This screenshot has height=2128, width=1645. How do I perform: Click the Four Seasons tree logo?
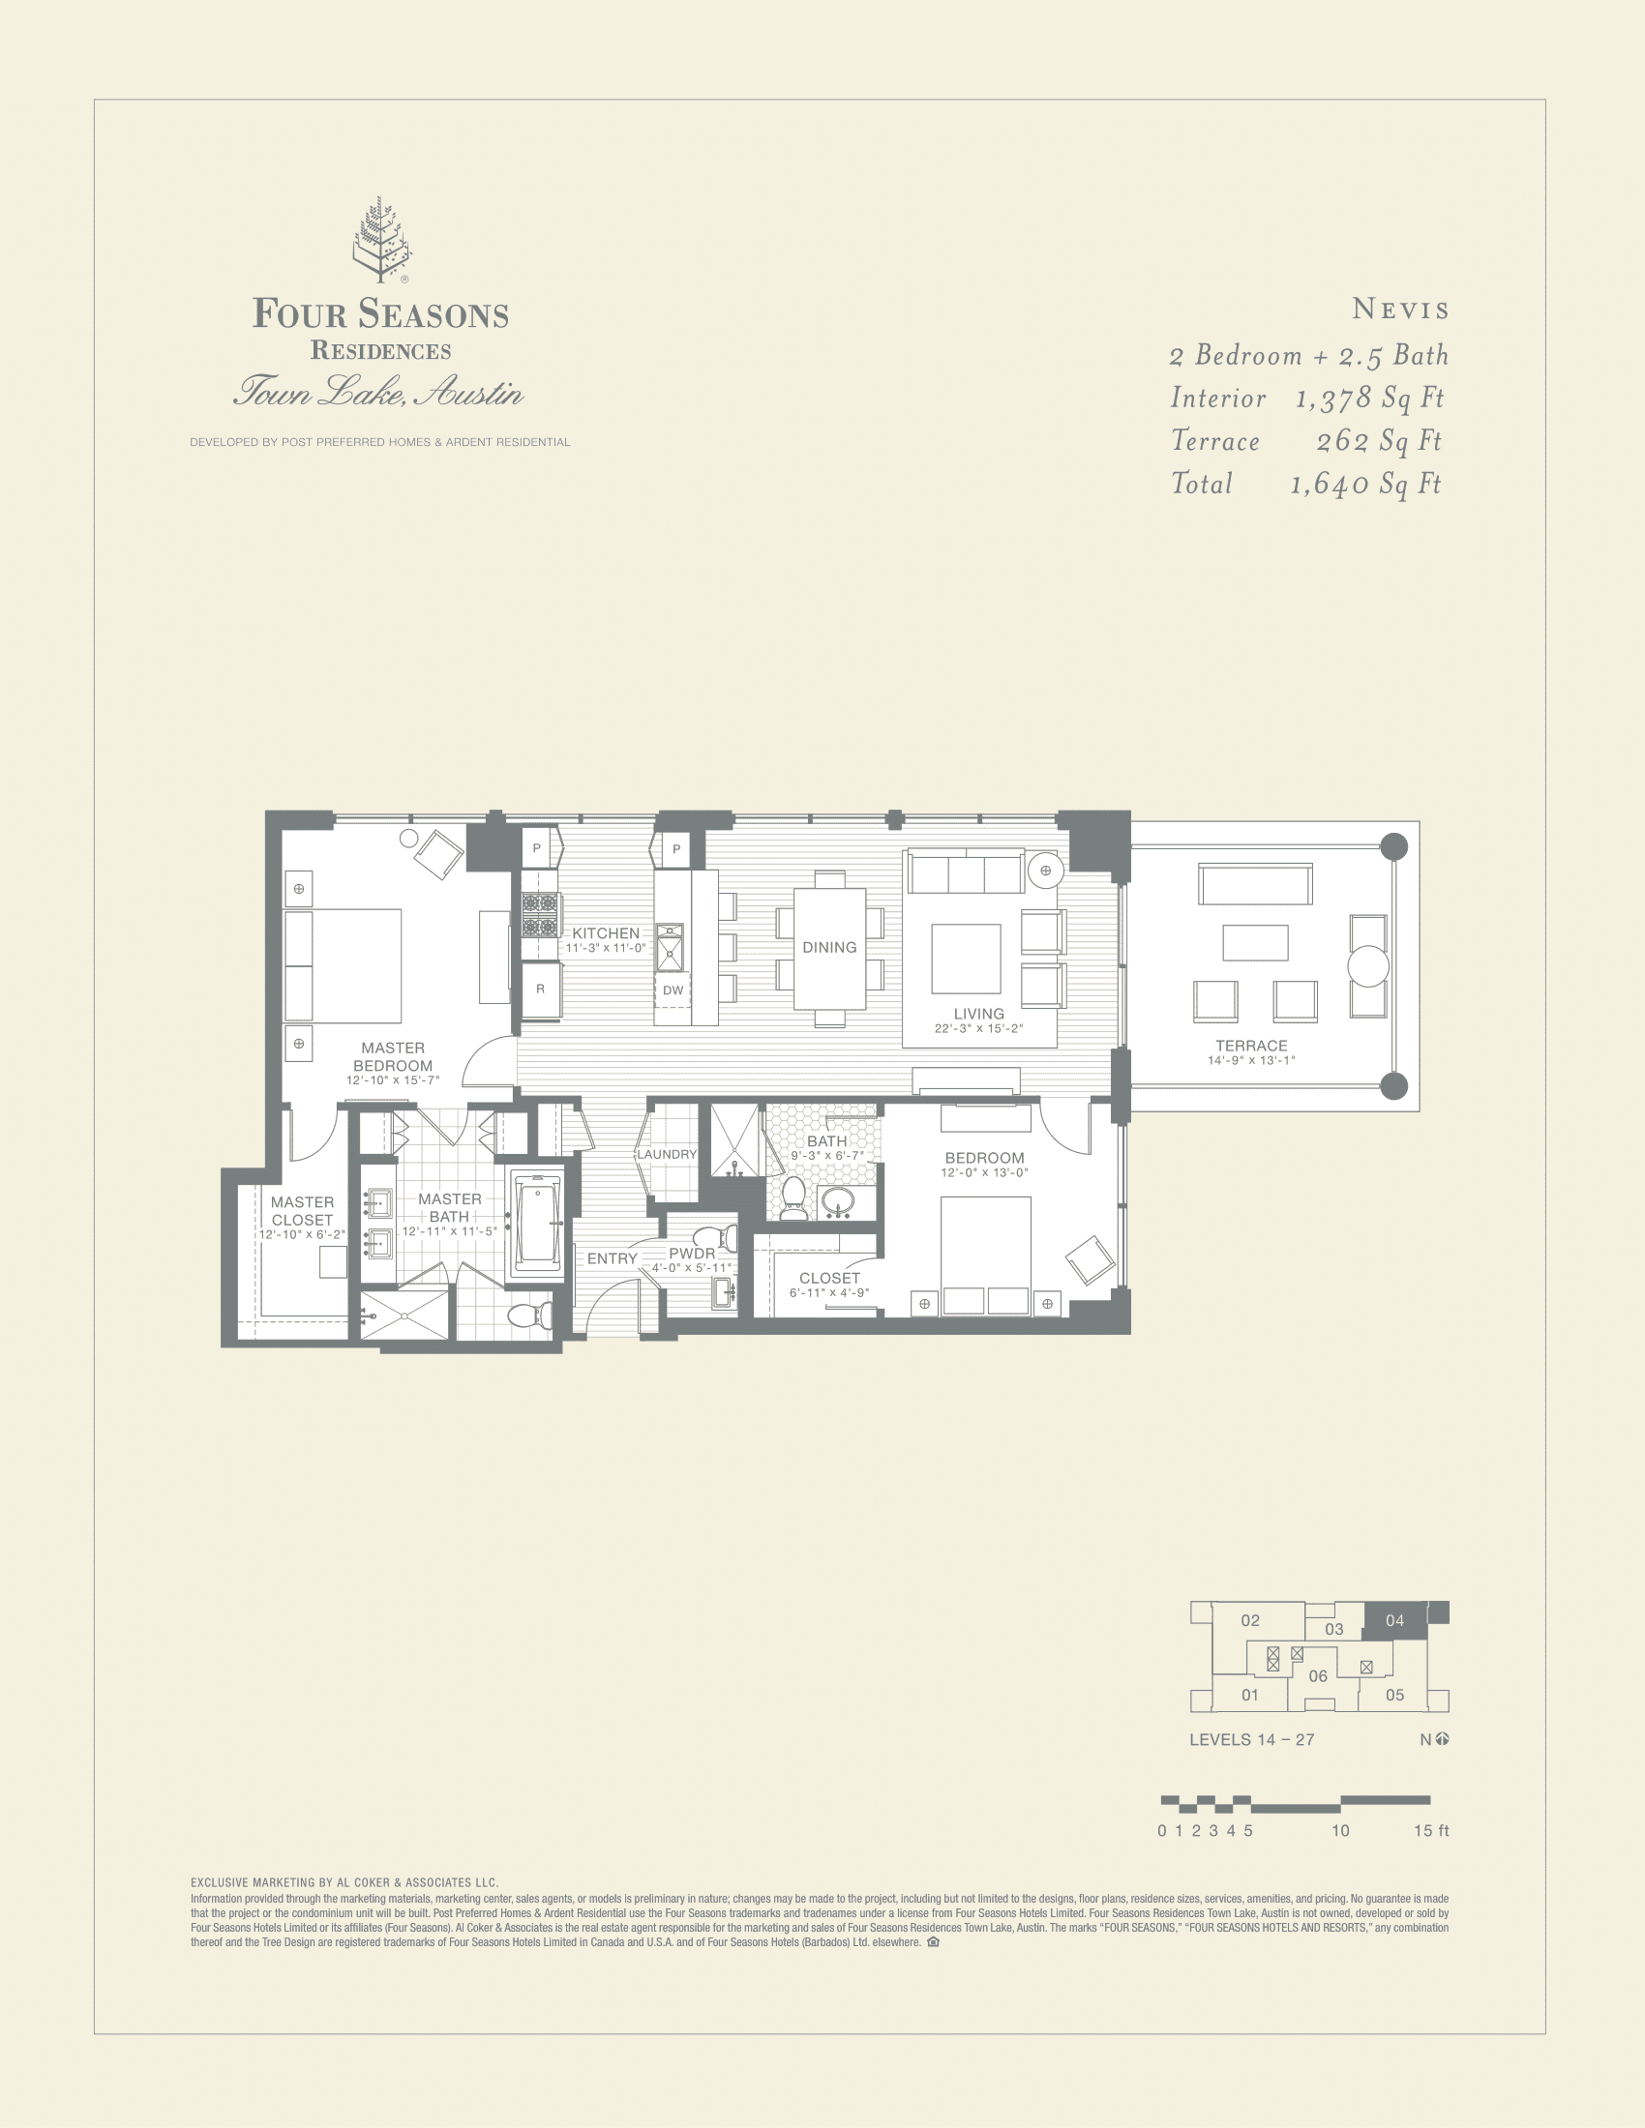click(381, 240)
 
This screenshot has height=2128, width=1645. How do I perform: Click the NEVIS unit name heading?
click(1400, 310)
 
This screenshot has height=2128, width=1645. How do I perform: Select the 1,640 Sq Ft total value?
click(1364, 485)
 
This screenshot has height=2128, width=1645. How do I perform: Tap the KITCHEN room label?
click(605, 933)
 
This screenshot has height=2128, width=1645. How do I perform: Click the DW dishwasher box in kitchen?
click(673, 990)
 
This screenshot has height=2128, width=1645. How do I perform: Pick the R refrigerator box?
click(540, 989)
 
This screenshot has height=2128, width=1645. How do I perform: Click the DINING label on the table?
click(829, 947)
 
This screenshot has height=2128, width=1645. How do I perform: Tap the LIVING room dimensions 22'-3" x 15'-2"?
click(978, 1029)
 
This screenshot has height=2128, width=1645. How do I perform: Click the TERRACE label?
click(1251, 1046)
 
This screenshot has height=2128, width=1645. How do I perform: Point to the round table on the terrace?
click(1367, 965)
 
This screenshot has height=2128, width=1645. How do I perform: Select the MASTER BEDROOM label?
click(393, 1057)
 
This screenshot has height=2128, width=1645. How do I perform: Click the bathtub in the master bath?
click(537, 1221)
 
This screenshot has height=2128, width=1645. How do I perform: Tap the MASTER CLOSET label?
click(302, 1211)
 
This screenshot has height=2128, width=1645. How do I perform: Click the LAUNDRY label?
click(667, 1155)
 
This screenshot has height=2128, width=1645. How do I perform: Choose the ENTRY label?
click(612, 1258)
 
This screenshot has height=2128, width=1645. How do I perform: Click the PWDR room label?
click(692, 1254)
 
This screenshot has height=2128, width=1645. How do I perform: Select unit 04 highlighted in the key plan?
click(1394, 1620)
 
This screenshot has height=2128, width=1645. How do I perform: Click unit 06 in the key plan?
click(1318, 1676)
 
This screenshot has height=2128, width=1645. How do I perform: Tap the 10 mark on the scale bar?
click(1340, 1831)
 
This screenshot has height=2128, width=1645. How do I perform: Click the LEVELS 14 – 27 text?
click(1251, 1739)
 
